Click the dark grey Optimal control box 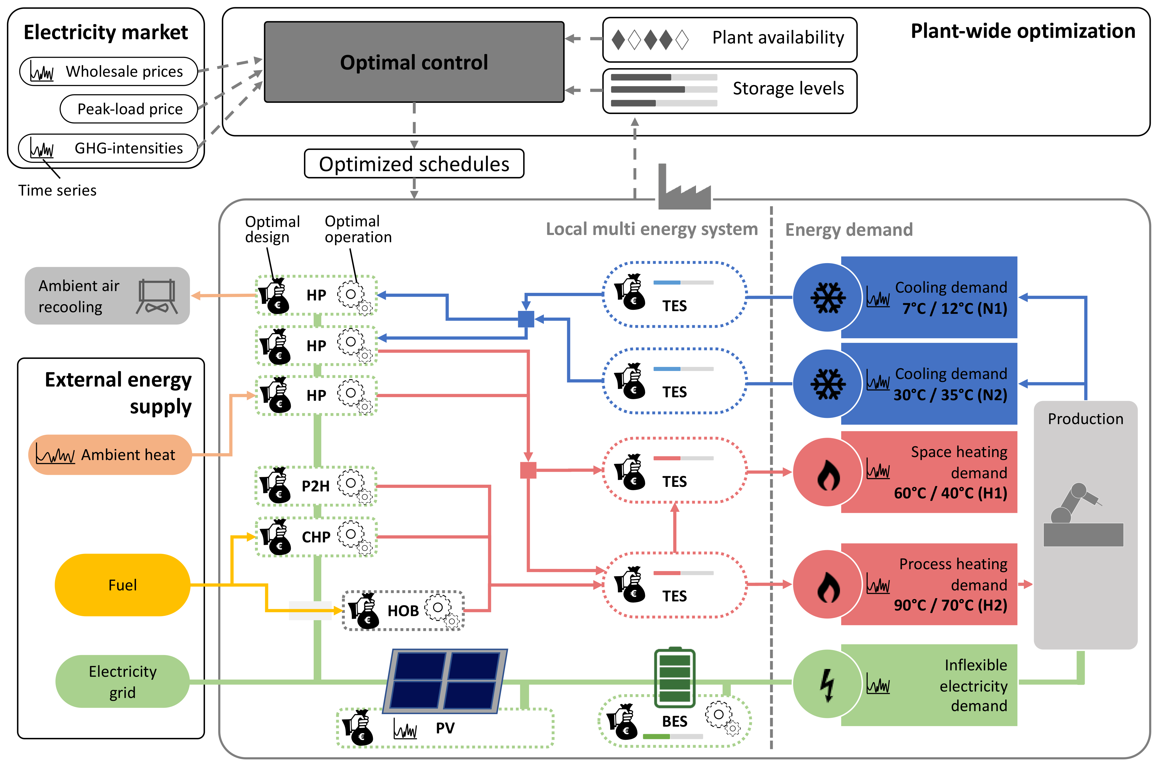[x=414, y=62]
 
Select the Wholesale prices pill [x=108, y=71]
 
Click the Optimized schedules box [x=414, y=164]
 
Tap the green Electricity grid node [x=123, y=682]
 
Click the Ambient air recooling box [x=107, y=296]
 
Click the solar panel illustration [x=445, y=681]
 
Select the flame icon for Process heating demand [x=828, y=586]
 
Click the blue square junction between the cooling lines [x=526, y=319]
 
